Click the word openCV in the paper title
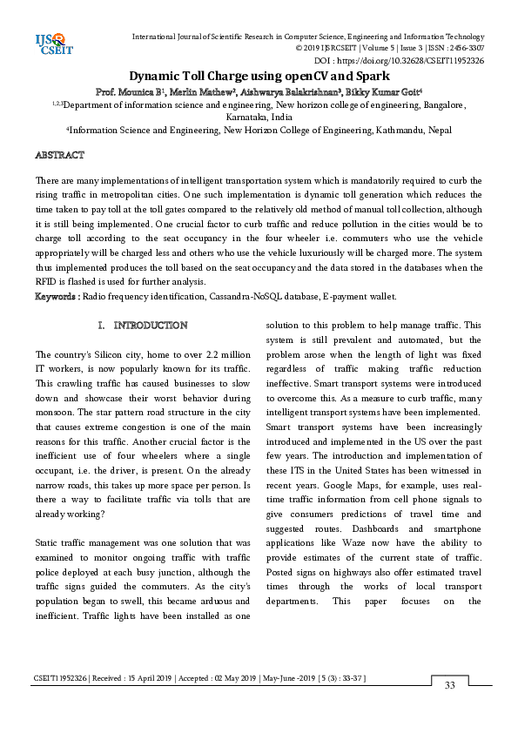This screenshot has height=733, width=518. pyautogui.click(x=287, y=77)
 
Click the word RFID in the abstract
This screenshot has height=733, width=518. pyautogui.click(x=46, y=284)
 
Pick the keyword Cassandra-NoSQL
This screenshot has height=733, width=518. pyautogui.click(x=235, y=297)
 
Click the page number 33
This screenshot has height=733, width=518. pyautogui.click(x=450, y=686)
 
